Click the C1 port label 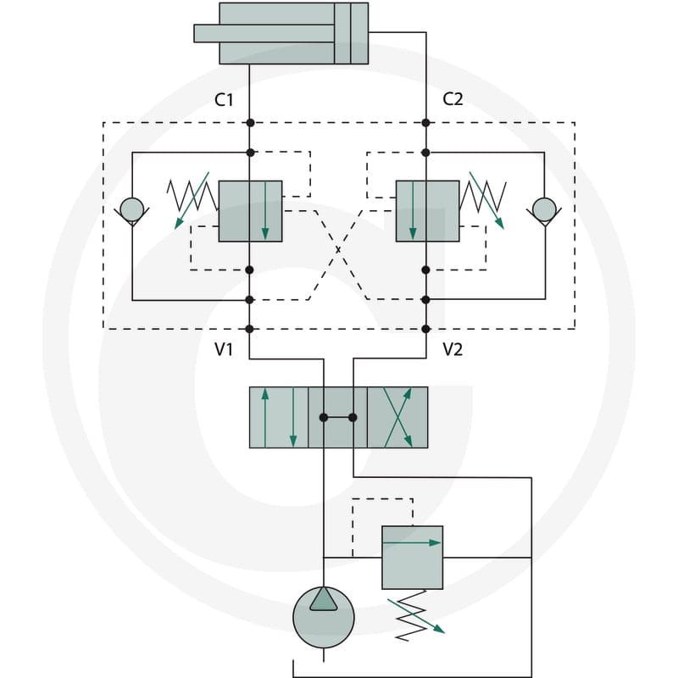pyautogui.click(x=224, y=100)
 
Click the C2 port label pyautogui.click(x=453, y=99)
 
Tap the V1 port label pyautogui.click(x=224, y=349)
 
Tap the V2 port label pyautogui.click(x=453, y=349)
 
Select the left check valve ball pyautogui.click(x=132, y=209)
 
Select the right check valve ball pyautogui.click(x=544, y=209)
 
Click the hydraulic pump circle pyautogui.click(x=324, y=617)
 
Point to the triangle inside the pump pyautogui.click(x=324, y=600)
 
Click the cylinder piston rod pyautogui.click(x=264, y=33)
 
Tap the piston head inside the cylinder pyautogui.click(x=351, y=33)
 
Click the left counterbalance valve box pyautogui.click(x=250, y=211)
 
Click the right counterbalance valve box pyautogui.click(x=428, y=211)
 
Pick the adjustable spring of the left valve pyautogui.click(x=192, y=197)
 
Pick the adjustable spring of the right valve pyautogui.click(x=484, y=197)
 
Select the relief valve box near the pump pyautogui.click(x=412, y=558)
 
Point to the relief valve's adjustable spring pyautogui.click(x=413, y=615)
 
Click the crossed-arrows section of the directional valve pyautogui.click(x=397, y=417)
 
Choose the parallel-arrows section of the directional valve pyautogui.click(x=279, y=417)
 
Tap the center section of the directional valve pyautogui.click(x=337, y=417)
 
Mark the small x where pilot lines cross pyautogui.click(x=338, y=249)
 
